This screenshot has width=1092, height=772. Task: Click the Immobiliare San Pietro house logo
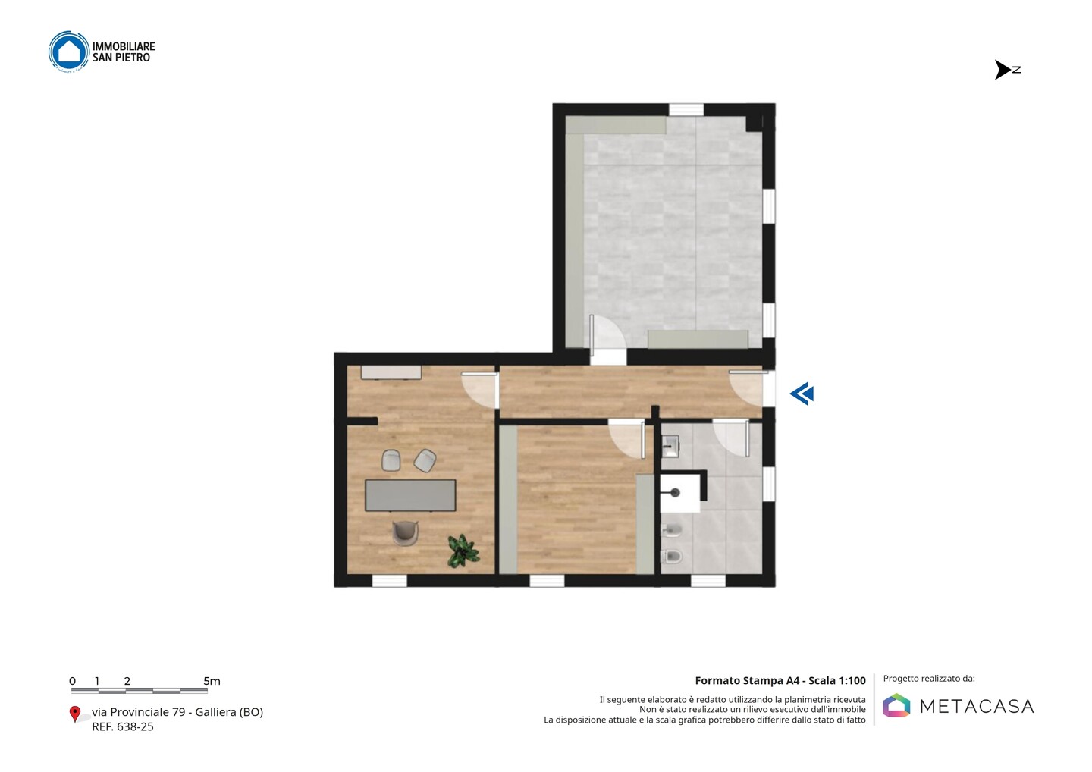tap(69, 52)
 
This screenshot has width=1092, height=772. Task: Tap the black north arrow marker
tap(1003, 70)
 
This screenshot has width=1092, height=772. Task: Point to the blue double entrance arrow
tap(802, 394)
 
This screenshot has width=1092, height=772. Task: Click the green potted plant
tap(463, 551)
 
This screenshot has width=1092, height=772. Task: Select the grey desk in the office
tap(410, 495)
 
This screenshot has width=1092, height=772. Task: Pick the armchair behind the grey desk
tap(405, 533)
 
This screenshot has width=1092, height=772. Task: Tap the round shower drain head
tap(675, 493)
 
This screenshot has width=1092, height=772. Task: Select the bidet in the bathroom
tap(671, 530)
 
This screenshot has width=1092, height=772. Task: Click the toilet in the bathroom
tap(671, 556)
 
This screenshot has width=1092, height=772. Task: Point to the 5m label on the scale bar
tap(212, 681)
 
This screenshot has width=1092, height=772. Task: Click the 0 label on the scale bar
tap(73, 681)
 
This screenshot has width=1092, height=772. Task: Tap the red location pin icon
tap(74, 714)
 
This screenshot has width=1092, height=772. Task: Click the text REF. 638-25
tap(123, 726)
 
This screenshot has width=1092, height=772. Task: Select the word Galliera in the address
tap(215, 712)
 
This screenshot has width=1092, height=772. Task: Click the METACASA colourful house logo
tap(896, 705)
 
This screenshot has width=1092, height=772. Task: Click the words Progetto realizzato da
tap(929, 679)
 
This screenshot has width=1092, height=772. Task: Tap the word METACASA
tap(977, 706)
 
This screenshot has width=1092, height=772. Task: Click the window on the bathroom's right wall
tap(769, 484)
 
